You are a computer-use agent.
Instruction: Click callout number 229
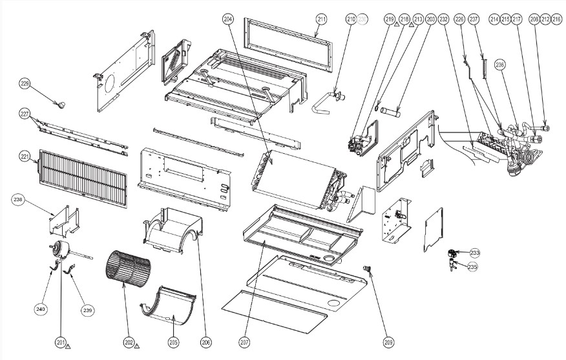pos(25,83)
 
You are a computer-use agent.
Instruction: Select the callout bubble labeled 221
pos(25,156)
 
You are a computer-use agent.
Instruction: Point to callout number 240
pos(41,310)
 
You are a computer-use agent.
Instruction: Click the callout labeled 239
pos(88,310)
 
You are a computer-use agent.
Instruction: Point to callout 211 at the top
pos(322,19)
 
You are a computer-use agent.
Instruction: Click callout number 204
pos(229,19)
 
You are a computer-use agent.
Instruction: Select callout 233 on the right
pos(474,253)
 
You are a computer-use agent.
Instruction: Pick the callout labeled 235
pos(473,266)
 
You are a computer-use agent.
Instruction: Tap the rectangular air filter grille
pos(85,173)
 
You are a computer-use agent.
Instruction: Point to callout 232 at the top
pos(443,19)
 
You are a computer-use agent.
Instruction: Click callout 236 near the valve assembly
pos(500,64)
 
